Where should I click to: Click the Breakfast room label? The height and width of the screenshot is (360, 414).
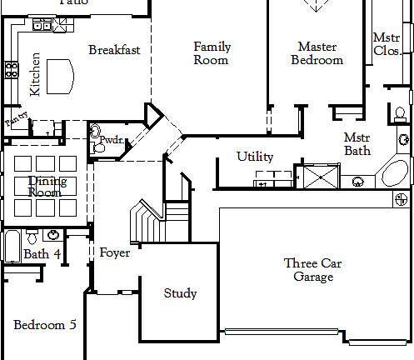[x=114, y=50]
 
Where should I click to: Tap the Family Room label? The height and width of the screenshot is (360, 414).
[x=212, y=53]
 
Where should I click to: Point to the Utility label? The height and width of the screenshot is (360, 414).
[x=255, y=156]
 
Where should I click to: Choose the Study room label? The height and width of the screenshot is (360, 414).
[x=180, y=293]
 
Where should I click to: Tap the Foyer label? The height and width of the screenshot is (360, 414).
[x=114, y=252]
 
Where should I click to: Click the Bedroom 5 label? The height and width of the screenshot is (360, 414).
[x=45, y=324]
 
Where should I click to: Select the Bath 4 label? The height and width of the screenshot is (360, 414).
[x=42, y=254]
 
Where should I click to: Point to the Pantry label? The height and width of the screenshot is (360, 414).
[x=16, y=122]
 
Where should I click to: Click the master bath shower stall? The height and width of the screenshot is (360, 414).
[x=317, y=177]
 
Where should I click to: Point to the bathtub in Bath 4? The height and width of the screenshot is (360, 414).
[x=11, y=247]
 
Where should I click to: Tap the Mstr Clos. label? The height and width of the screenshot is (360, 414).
[x=386, y=44]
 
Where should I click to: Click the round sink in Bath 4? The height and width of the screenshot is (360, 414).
[x=54, y=235]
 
